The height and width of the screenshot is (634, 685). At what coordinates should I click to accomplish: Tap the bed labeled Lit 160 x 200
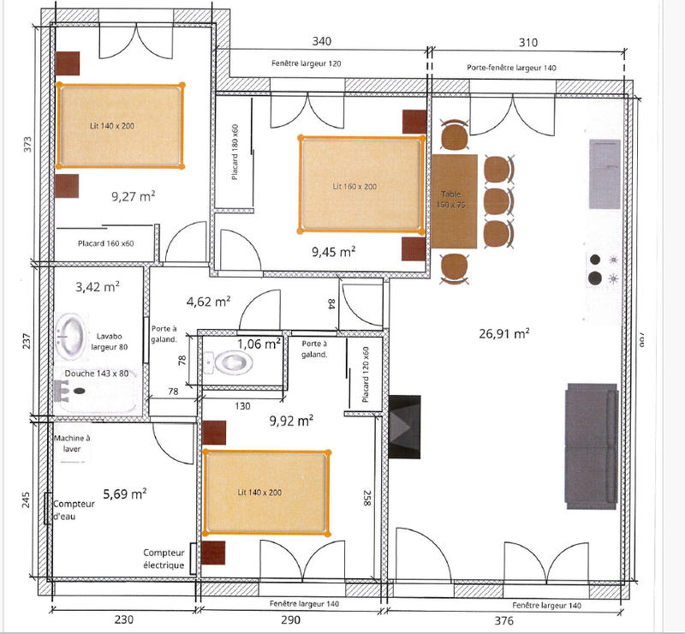pos(360,184)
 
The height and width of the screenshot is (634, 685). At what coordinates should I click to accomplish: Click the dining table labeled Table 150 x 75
pos(454,201)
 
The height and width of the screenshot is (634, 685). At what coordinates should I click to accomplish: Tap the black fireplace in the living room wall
pos(405,427)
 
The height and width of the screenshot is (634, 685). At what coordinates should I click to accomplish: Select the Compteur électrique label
pos(164,559)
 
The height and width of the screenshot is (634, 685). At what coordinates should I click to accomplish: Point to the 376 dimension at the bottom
pos(507,619)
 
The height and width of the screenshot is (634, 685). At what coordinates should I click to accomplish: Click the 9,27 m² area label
pos(133,196)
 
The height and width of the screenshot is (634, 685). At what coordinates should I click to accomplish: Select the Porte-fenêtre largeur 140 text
pos(511,67)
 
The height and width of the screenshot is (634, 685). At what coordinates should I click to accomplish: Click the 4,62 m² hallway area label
pos(208,302)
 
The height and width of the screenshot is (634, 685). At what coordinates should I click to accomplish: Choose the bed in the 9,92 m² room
pos(265,492)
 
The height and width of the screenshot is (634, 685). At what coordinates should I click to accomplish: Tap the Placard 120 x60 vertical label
pos(366,375)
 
